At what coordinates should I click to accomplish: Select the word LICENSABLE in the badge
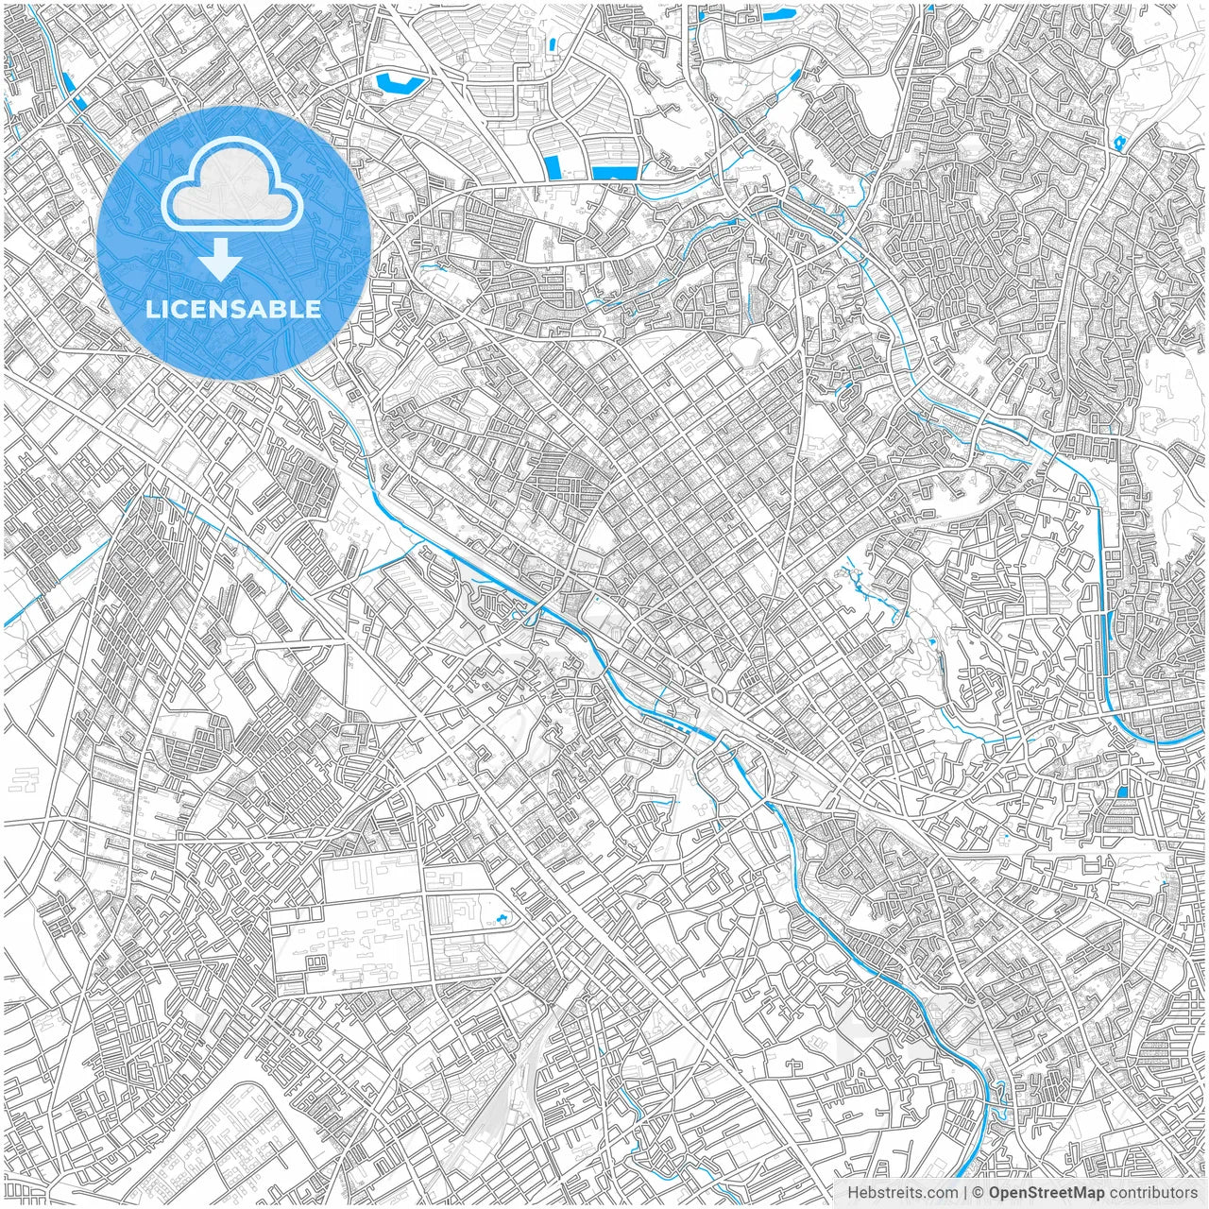[233, 309]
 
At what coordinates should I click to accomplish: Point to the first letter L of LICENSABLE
[151, 309]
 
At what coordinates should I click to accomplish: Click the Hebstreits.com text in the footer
[901, 1193]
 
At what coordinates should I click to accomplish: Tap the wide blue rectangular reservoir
[615, 173]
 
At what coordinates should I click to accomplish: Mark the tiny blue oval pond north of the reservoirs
[551, 43]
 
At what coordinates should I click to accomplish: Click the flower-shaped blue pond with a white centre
[1120, 143]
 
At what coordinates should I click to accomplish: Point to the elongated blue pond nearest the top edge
[779, 15]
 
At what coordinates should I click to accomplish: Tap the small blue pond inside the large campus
[502, 917]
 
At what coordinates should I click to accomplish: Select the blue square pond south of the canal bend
[1122, 792]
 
